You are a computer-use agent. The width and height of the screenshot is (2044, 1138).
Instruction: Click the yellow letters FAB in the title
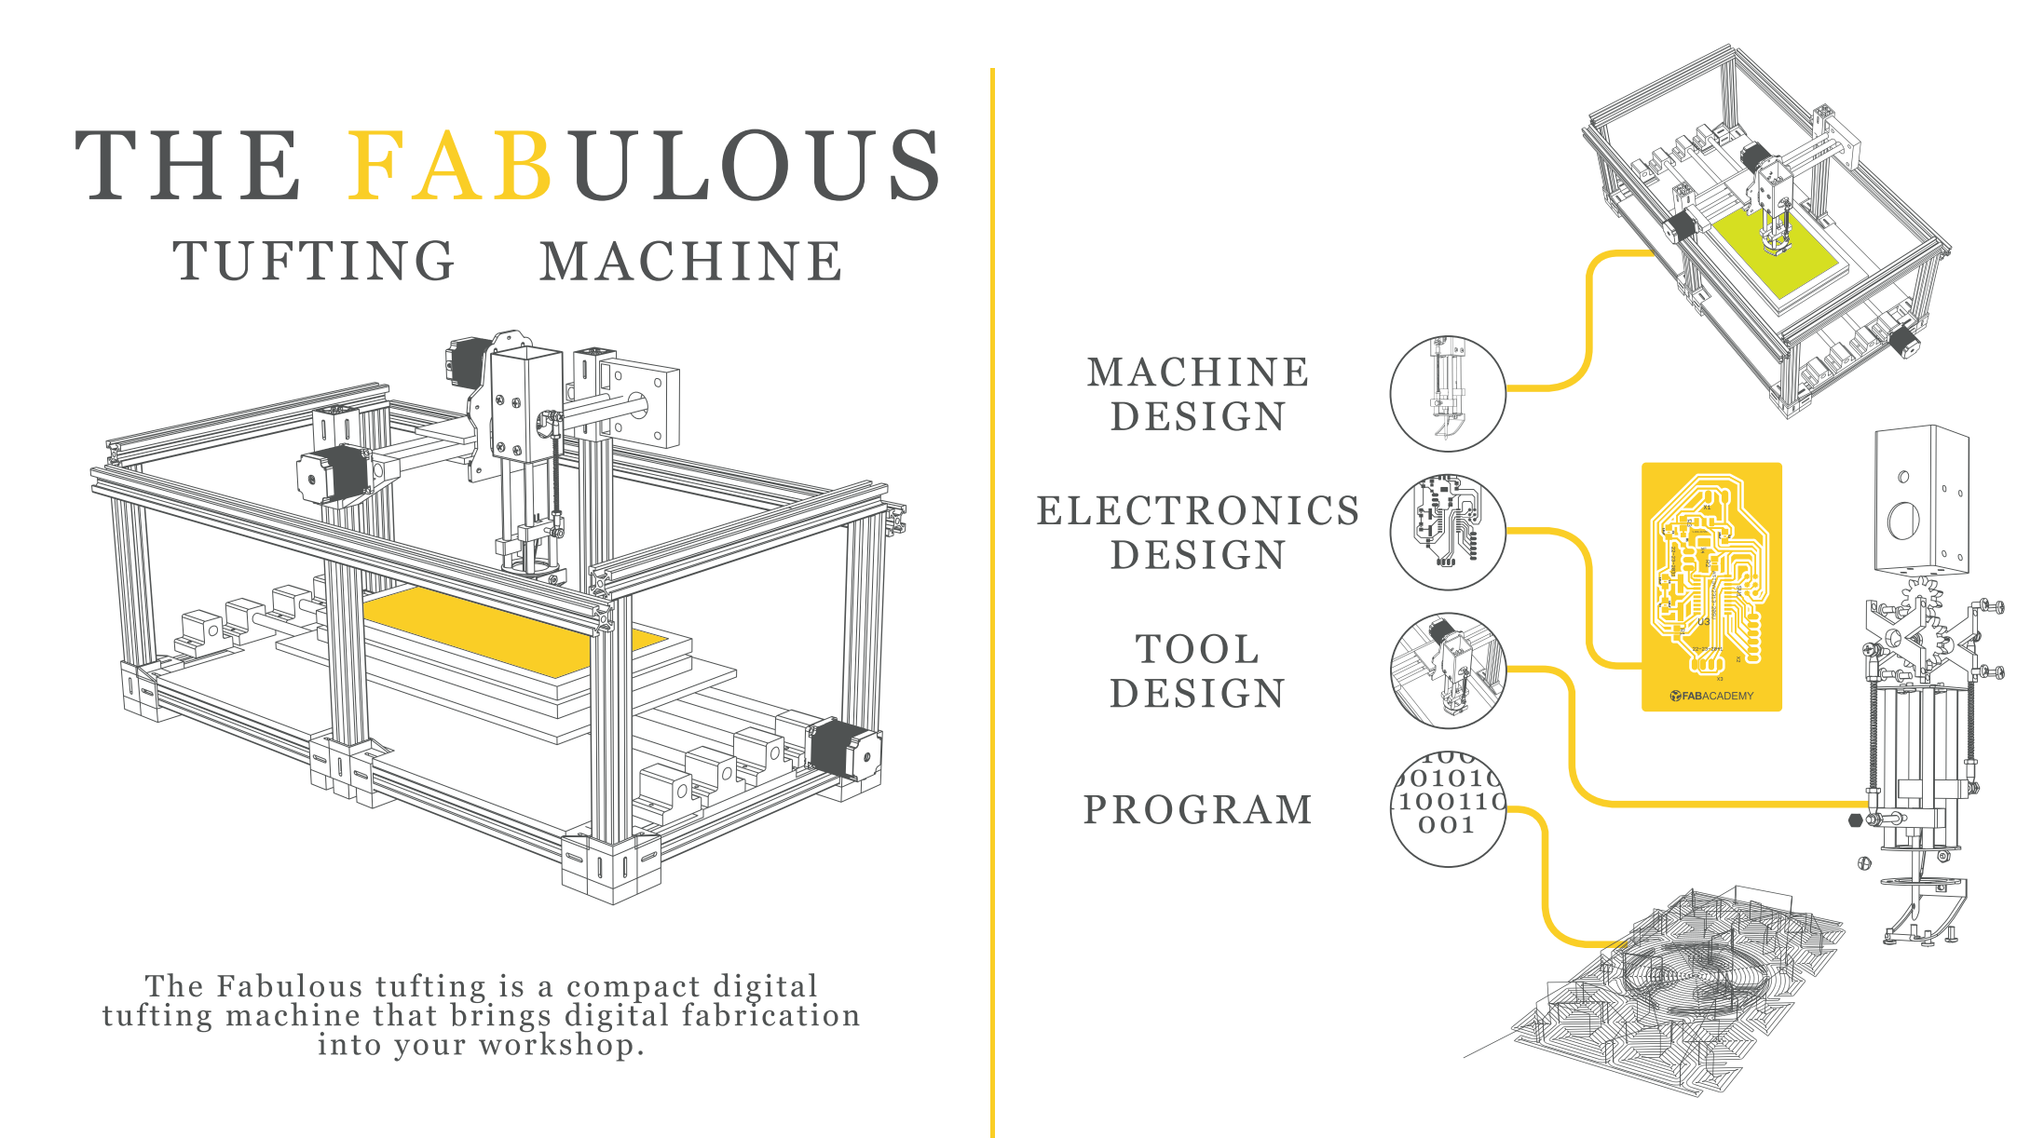pyautogui.click(x=450, y=166)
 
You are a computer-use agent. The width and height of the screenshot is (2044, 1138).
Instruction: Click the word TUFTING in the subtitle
pyautogui.click(x=314, y=261)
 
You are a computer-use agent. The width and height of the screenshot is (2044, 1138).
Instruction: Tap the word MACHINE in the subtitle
pyautogui.click(x=691, y=261)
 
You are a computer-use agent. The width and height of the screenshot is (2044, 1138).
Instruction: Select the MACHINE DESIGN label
pyautogui.click(x=1198, y=394)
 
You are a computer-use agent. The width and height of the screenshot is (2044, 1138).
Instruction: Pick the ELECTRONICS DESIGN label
pyautogui.click(x=1198, y=533)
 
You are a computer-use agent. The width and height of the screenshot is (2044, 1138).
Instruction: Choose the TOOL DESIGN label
pyautogui.click(x=1198, y=671)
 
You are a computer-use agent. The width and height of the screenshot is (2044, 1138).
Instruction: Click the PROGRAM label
pyautogui.click(x=1198, y=809)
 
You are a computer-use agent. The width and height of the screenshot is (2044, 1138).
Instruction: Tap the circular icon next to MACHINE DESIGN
pyautogui.click(x=1447, y=393)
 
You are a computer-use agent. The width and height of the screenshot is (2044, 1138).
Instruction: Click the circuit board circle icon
pyautogui.click(x=1447, y=532)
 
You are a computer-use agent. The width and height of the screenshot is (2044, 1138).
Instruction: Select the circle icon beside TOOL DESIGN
pyautogui.click(x=1447, y=671)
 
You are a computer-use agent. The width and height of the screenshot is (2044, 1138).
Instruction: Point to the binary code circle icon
pyautogui.click(x=1447, y=808)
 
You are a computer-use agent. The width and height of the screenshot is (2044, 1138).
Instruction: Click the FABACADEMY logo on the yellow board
pyautogui.click(x=1711, y=696)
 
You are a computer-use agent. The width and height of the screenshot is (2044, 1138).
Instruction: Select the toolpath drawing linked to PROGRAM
pyautogui.click(x=1677, y=996)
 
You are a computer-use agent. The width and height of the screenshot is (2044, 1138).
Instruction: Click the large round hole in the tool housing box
pyautogui.click(x=1902, y=520)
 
